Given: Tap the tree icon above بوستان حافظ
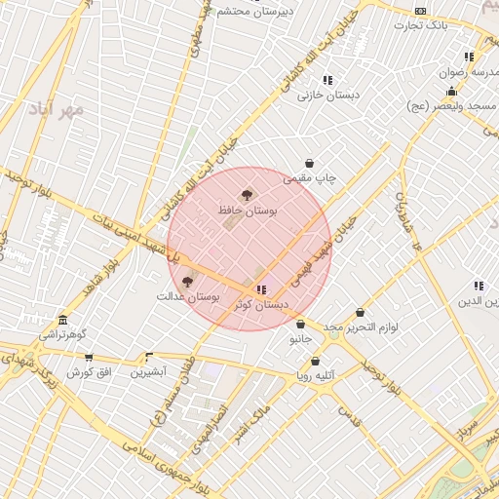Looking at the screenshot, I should [246, 195].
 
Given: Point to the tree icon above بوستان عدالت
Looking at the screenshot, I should [187, 281].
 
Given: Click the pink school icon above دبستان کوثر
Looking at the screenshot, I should [261, 289].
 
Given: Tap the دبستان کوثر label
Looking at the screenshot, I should [261, 304].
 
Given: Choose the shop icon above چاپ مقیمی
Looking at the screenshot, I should [310, 164].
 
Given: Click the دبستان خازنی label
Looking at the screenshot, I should [328, 96].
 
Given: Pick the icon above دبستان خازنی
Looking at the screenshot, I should [327, 80].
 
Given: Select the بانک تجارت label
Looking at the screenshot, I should [420, 25].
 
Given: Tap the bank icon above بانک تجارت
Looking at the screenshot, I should [420, 11].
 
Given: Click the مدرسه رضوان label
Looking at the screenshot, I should [470, 72].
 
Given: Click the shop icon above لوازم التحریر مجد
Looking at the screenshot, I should [361, 313].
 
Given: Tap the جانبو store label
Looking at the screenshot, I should [300, 339].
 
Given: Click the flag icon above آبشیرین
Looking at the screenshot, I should [149, 358].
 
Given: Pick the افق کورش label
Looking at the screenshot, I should [90, 372].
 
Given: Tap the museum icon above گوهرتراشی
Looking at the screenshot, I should [63, 321].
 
